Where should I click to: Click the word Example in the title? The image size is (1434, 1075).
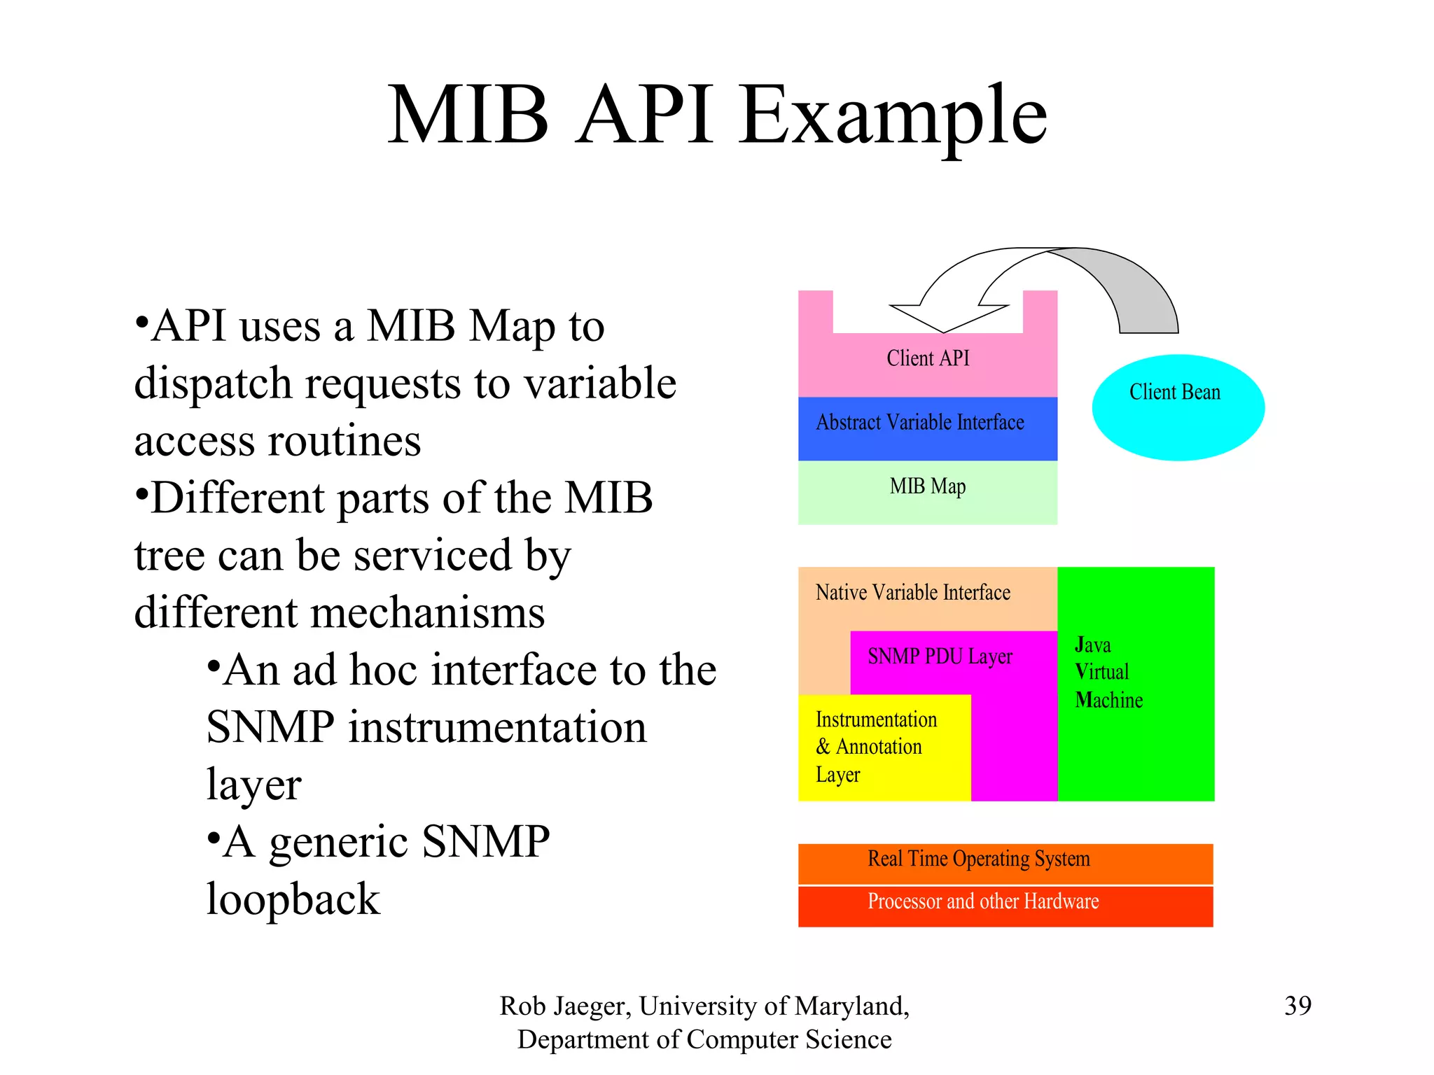pos(893,115)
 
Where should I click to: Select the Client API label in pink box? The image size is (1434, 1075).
pos(928,358)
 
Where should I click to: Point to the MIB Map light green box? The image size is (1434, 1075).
pos(927,491)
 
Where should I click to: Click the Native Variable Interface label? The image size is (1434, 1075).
pos(912,593)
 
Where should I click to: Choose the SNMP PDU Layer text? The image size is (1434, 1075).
pos(940,656)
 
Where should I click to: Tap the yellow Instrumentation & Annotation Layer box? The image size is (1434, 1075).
pos(884,747)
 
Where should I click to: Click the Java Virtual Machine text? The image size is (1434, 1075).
pos(1108,672)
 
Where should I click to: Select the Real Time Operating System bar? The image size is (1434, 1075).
pos(1005,862)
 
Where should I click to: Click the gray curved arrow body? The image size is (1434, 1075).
pos(1134,287)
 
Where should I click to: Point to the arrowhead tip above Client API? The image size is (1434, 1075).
pos(943,331)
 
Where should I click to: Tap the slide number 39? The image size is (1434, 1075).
pos(1297,1006)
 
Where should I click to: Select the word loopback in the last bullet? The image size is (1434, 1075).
pos(293,899)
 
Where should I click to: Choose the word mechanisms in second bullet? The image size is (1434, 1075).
pos(426,612)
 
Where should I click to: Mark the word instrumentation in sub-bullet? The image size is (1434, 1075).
pos(497,727)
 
